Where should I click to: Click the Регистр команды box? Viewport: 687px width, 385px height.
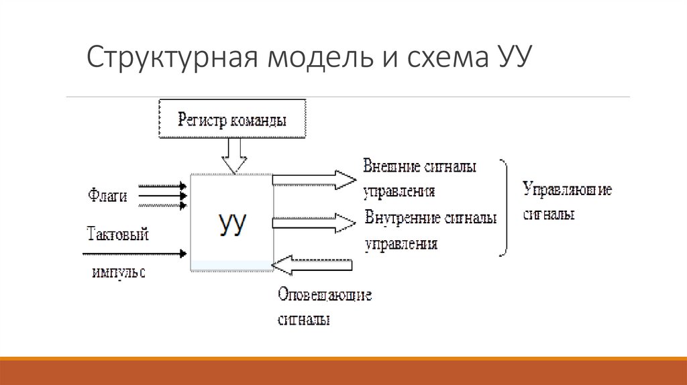pyautogui.click(x=232, y=120)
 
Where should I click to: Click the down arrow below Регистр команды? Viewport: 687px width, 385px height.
pyautogui.click(x=234, y=156)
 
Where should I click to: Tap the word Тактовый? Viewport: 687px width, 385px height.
pyautogui.click(x=117, y=235)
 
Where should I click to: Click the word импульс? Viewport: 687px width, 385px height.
pyautogui.click(x=119, y=273)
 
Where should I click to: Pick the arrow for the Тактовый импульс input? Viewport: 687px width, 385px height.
pyautogui.click(x=134, y=254)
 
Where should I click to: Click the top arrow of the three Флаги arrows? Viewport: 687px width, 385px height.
pyautogui.click(x=162, y=186)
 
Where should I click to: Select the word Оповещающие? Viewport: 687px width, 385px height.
pyautogui.click(x=325, y=295)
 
